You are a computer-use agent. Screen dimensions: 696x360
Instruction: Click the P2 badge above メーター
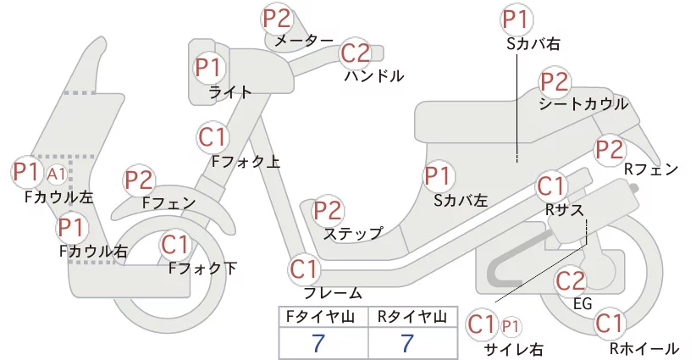277,19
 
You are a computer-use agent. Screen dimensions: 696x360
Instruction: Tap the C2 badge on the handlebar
356,53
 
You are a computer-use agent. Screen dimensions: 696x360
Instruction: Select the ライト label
230,93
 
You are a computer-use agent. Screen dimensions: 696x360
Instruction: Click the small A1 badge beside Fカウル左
57,174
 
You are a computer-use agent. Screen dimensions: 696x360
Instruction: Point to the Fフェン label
169,203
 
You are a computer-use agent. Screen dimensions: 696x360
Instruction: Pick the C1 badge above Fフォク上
213,137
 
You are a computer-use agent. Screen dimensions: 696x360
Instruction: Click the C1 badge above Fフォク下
175,245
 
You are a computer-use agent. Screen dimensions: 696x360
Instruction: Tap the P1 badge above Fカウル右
72,228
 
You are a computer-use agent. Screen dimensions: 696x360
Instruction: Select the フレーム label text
333,293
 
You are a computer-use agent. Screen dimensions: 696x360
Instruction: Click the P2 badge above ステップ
328,210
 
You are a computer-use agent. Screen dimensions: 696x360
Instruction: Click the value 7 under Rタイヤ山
407,343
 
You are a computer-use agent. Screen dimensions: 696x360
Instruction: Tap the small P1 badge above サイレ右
511,327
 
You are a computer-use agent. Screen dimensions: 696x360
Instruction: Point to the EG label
583,303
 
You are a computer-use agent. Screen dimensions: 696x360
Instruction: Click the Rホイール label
644,348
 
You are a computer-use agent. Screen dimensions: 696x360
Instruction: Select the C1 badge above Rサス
551,187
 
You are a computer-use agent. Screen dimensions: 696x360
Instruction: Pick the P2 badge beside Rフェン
610,150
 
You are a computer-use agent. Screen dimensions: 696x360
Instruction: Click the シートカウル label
583,104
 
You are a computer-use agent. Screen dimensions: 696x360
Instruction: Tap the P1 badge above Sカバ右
517,19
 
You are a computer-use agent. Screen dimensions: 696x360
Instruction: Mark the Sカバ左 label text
461,201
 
